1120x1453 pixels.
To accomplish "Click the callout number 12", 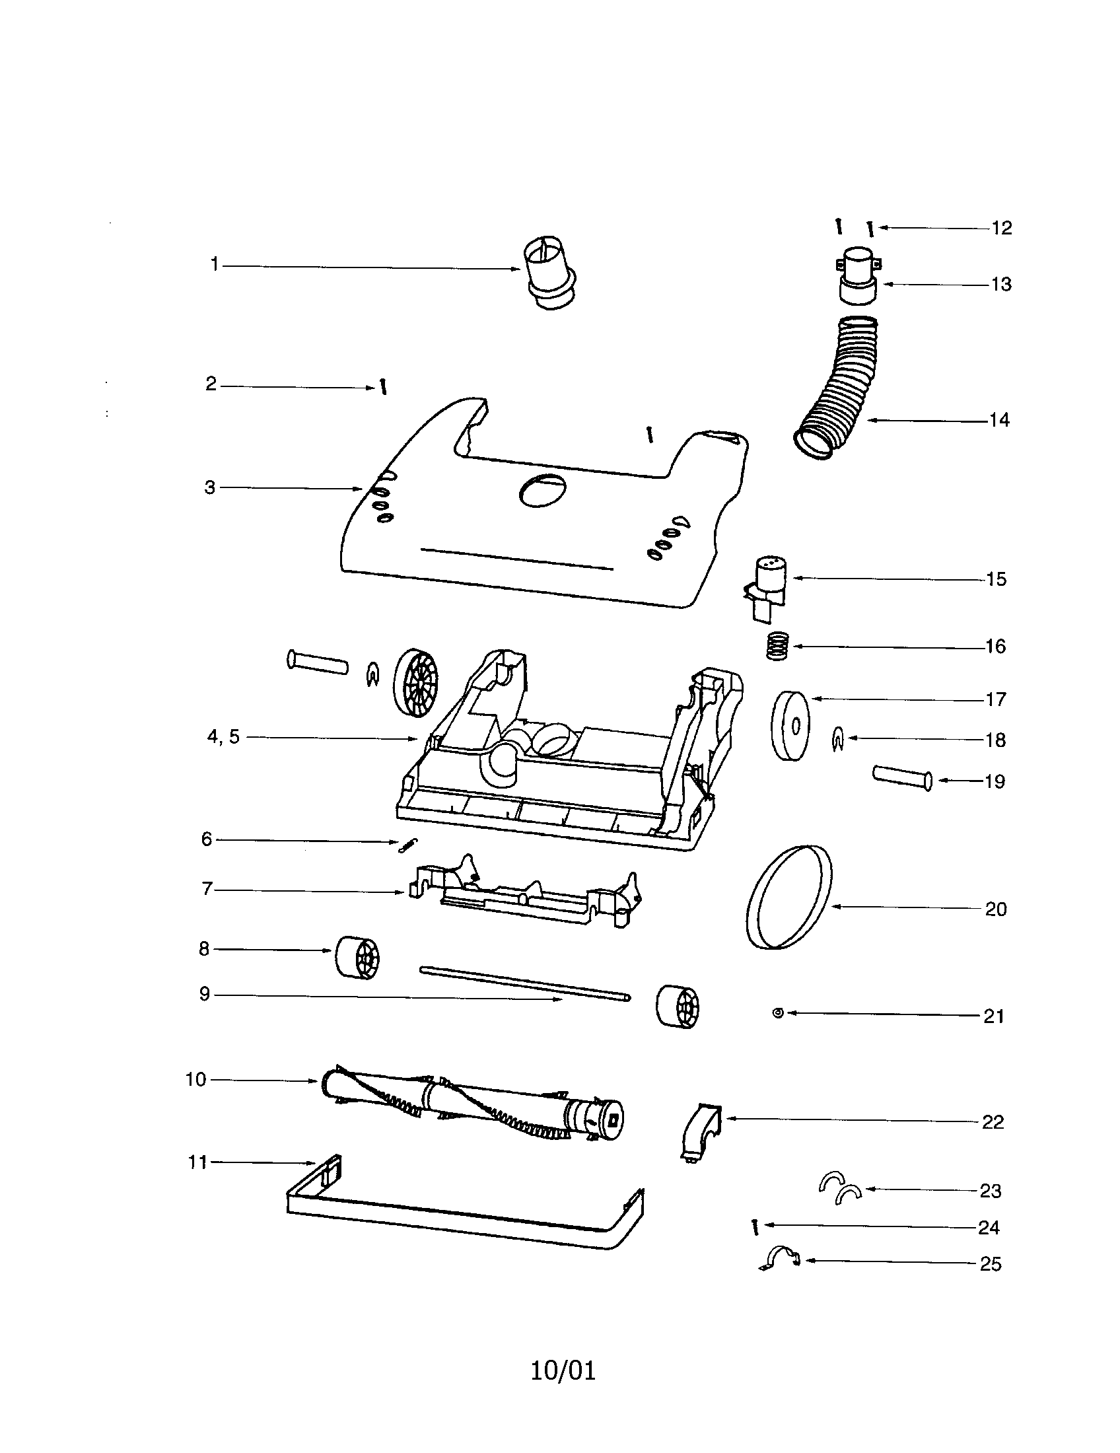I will pyautogui.click(x=1001, y=229).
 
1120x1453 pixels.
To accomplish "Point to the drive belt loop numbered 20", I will pyautogui.click(x=789, y=896).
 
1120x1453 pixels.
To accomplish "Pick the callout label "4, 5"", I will pyautogui.click(x=223, y=736).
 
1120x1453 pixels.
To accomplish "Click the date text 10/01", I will pyautogui.click(x=563, y=1370).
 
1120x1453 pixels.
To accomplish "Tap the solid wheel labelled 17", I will pyautogui.click(x=790, y=726).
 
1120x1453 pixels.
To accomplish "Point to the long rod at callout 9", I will pyautogui.click(x=526, y=981).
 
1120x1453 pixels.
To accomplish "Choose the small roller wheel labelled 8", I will pyautogui.click(x=357, y=957).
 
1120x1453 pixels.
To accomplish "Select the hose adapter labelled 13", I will pyautogui.click(x=858, y=274).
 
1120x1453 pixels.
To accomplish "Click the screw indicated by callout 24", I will pyautogui.click(x=755, y=1227).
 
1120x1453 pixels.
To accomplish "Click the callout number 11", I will pyautogui.click(x=197, y=1162).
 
